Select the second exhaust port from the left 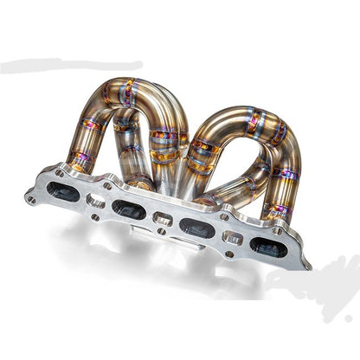coord(129,208)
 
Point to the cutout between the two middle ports coord(162,219)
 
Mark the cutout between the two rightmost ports coord(232,237)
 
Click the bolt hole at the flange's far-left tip coord(32,198)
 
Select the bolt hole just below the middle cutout coord(160,234)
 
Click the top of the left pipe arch coord(138,87)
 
